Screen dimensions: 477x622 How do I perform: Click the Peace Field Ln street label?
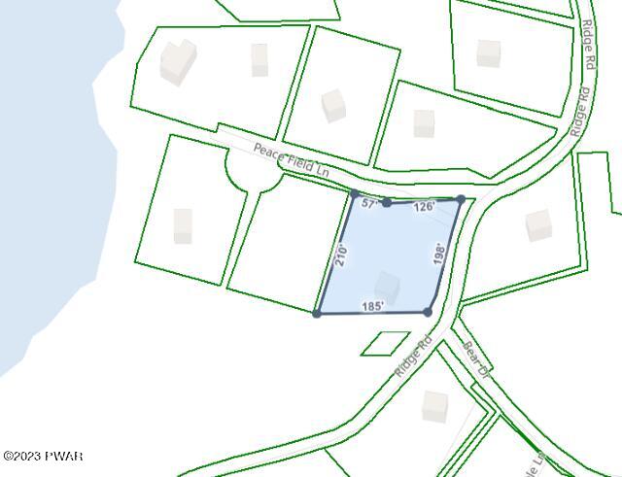click(291, 160)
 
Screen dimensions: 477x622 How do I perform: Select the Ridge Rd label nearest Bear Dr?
click(413, 358)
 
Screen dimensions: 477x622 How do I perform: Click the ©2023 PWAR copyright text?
click(43, 457)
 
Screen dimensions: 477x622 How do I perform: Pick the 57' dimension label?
click(369, 204)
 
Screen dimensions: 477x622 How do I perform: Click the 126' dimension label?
click(424, 207)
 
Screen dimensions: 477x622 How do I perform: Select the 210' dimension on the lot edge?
click(340, 256)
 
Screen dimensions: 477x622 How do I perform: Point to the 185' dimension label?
click(372, 306)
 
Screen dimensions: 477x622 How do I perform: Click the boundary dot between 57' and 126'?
click(387, 202)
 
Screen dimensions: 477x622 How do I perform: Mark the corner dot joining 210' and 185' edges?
click(317, 313)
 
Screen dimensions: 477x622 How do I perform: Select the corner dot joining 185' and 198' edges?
click(428, 312)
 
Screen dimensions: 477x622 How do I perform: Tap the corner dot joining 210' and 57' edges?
click(354, 194)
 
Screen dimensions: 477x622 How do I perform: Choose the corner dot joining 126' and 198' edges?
click(461, 199)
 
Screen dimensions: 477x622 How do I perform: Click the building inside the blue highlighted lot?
click(387, 287)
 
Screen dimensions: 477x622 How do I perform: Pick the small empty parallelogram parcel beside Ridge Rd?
click(386, 343)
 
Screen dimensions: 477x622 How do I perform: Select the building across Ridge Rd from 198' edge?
click(538, 225)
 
